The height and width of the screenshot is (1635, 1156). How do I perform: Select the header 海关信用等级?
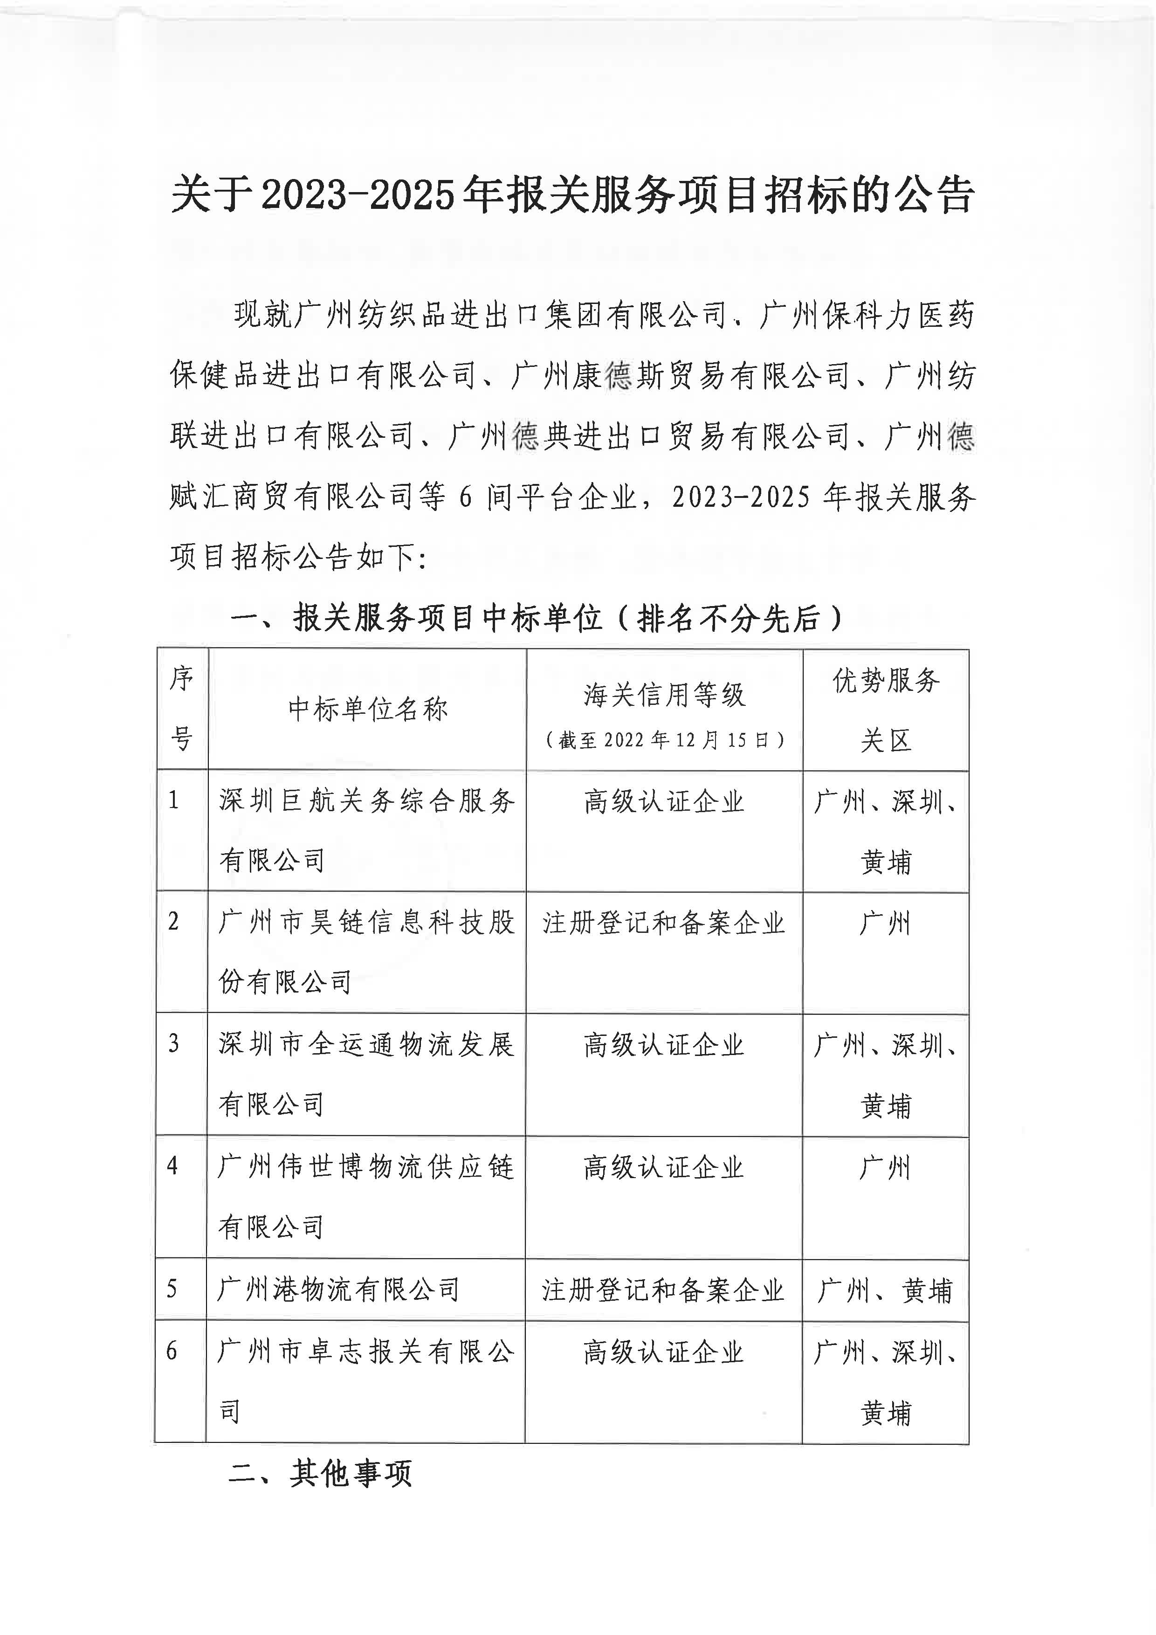(664, 695)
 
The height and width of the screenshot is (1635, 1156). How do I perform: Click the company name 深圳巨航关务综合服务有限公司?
(366, 830)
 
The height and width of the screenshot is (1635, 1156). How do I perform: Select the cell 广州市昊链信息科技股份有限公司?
(366, 952)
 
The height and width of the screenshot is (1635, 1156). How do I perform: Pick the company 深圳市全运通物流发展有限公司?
(366, 1074)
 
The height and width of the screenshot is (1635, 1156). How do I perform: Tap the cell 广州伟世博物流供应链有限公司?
(366, 1196)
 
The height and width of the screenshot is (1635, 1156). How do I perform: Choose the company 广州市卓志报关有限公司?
(366, 1381)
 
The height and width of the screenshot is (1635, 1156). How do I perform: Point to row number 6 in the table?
(172, 1351)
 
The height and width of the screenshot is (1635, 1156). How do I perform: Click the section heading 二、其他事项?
(320, 1473)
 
